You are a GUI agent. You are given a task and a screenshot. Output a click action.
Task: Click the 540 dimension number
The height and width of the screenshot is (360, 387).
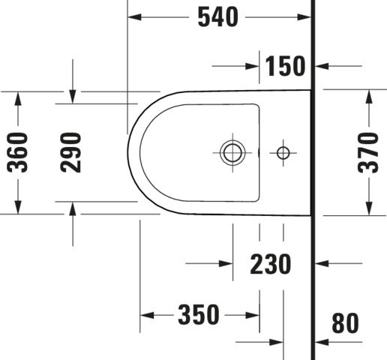click(x=218, y=17)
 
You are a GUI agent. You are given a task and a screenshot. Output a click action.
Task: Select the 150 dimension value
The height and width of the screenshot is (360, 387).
click(x=285, y=66)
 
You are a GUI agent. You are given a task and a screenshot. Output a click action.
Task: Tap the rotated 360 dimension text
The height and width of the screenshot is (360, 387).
click(x=17, y=152)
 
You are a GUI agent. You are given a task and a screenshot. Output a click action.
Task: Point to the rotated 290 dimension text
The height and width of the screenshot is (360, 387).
click(x=71, y=152)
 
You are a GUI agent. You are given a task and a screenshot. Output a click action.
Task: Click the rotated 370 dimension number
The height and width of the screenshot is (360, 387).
click(x=368, y=153)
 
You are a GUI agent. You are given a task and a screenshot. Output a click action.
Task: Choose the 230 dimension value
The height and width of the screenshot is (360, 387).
click(x=271, y=264)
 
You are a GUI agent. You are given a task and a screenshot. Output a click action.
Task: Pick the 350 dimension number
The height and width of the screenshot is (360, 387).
click(x=199, y=314)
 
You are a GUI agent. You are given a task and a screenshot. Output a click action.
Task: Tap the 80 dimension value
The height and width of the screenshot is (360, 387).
click(x=346, y=323)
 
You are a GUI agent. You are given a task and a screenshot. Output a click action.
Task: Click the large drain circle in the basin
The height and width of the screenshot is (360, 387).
click(x=232, y=152)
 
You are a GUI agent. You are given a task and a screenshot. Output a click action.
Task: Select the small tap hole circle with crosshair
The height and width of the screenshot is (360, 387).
click(x=283, y=153)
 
